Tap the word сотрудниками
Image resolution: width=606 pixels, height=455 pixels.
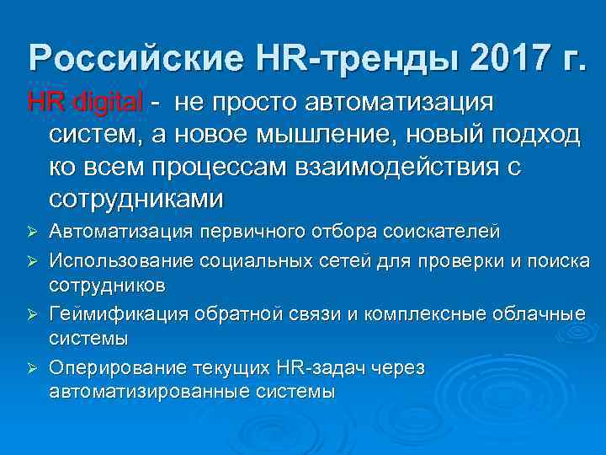136,199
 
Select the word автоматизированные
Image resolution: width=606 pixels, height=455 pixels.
151,391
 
